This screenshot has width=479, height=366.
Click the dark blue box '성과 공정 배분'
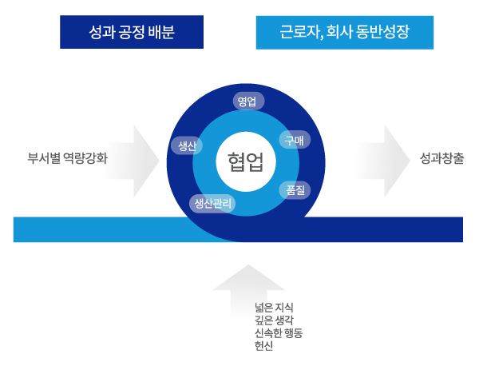(x=132, y=33)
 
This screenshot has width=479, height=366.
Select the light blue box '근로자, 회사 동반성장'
(x=345, y=33)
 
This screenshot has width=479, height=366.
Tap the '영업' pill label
(x=247, y=101)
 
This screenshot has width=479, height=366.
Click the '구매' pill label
(x=293, y=139)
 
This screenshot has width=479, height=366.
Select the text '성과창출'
(x=443, y=158)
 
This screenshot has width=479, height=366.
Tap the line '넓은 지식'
(x=274, y=307)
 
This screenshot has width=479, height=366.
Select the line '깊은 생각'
(x=274, y=320)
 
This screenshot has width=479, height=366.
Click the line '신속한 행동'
(x=279, y=332)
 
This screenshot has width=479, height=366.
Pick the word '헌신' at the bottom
(x=263, y=345)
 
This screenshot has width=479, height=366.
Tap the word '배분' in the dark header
(x=161, y=33)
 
